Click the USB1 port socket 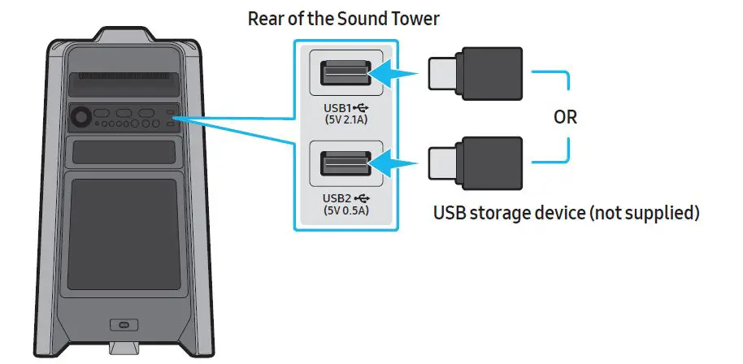coord(341,75)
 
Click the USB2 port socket coord(341,165)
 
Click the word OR coord(565,116)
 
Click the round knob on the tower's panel coord(82,117)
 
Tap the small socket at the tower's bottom coord(124,327)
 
